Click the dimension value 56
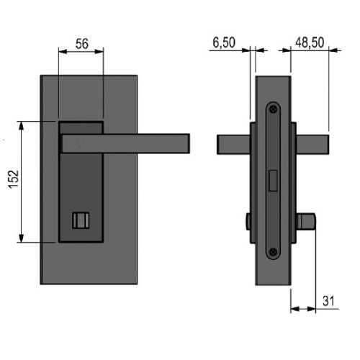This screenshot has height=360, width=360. click(82, 44)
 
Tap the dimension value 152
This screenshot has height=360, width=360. click(14, 179)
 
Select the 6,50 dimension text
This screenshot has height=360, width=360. click(224, 42)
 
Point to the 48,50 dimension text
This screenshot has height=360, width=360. click(310, 42)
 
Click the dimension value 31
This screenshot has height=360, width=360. click(328, 301)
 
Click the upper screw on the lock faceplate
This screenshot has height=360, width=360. click(273, 109)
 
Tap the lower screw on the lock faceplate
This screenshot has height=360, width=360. click(273, 252)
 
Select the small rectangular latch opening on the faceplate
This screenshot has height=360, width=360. click(273, 181)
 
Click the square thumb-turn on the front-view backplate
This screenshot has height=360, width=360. click(81, 220)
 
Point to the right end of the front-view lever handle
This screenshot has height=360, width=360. click(189, 143)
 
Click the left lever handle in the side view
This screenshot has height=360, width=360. click(233, 145)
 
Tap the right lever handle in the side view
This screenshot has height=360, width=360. click(312, 145)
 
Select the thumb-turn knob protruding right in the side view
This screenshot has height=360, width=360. click(306, 221)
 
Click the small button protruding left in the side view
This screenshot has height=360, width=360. click(248, 221)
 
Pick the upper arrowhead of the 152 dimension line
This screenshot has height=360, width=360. click(22, 125)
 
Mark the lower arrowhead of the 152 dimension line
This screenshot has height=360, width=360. click(22, 238)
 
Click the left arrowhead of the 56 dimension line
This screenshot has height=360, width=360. click(63, 51)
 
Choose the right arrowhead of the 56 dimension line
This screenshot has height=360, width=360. click(99, 51)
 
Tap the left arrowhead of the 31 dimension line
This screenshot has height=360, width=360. click(295, 309)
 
